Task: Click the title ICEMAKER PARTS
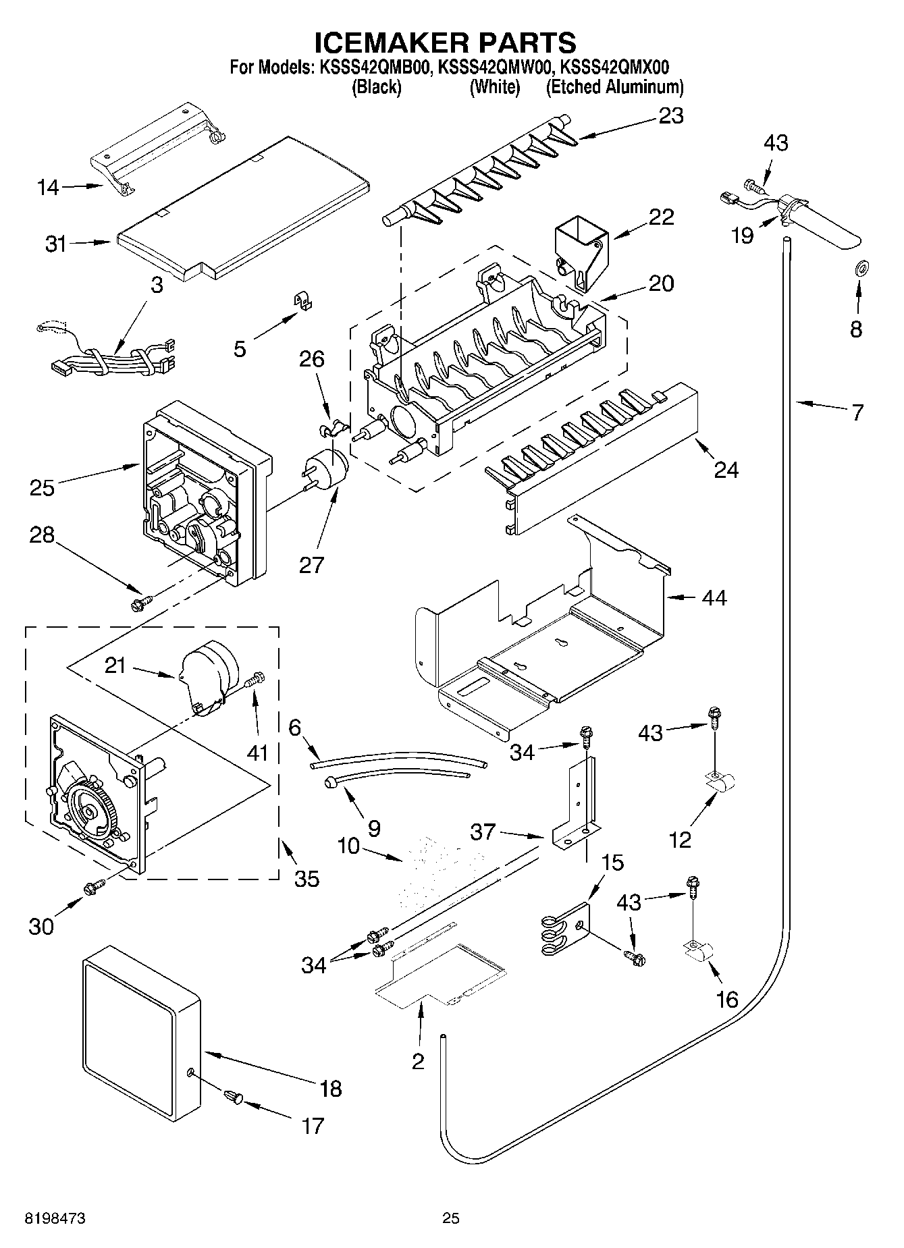[446, 42]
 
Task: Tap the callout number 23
[671, 116]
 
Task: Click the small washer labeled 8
[861, 269]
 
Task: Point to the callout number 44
[714, 598]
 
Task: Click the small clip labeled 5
[306, 300]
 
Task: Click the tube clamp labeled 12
[720, 782]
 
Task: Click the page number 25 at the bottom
[451, 1217]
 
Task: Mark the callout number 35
[307, 878]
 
